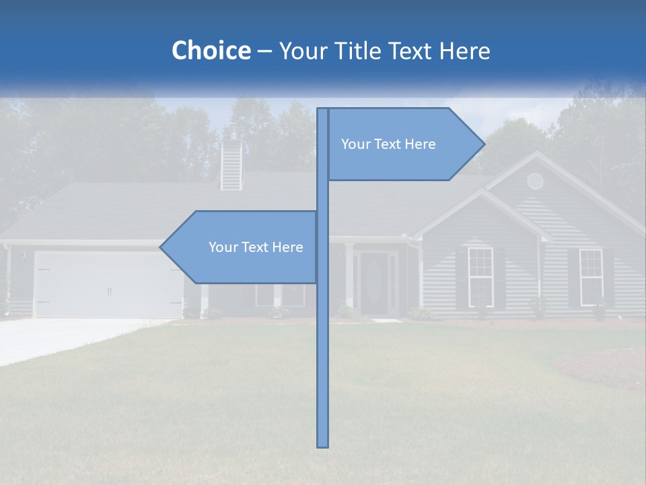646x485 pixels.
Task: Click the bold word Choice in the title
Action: click(x=211, y=51)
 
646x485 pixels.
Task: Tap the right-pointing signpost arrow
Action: click(x=404, y=144)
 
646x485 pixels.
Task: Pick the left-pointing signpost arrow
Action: click(x=242, y=247)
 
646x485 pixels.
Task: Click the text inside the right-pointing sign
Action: click(x=388, y=144)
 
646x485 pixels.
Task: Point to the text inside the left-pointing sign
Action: click(x=256, y=247)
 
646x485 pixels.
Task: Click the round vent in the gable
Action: click(x=535, y=181)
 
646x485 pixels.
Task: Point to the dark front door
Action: click(x=373, y=283)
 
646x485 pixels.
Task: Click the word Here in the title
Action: click(x=464, y=51)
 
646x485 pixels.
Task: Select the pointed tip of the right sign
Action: click(x=482, y=144)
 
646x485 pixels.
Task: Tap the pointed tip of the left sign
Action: click(x=161, y=247)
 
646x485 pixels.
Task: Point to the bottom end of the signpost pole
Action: click(x=323, y=445)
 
